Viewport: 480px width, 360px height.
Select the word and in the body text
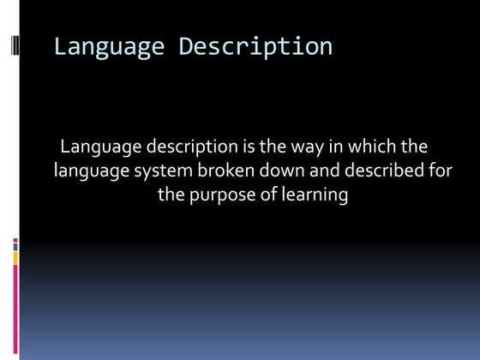[320, 171]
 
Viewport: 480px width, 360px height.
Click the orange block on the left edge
[15, 255]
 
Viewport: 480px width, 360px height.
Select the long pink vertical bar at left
[15, 312]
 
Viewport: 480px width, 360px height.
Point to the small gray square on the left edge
[15, 243]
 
